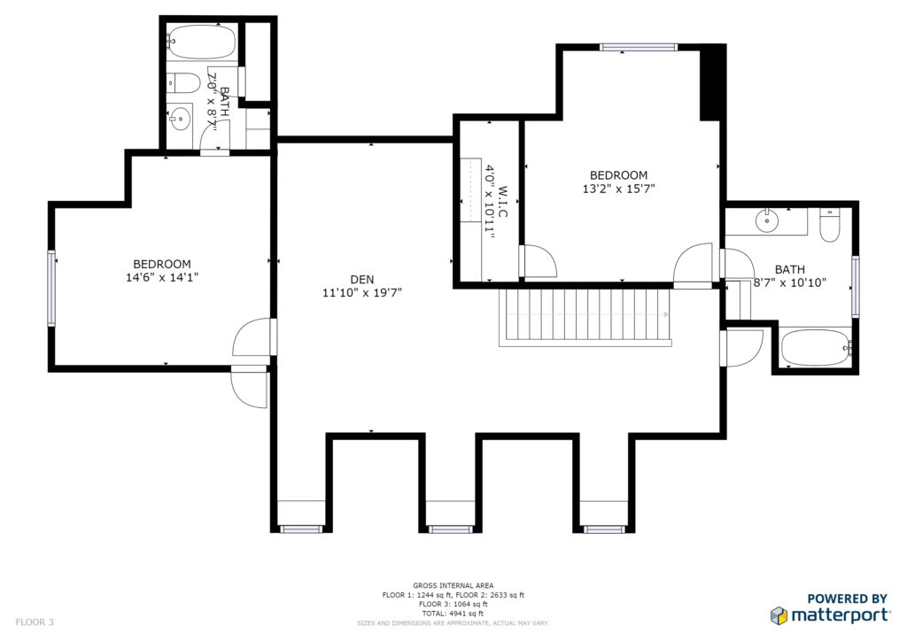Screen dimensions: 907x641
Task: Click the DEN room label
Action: pyautogui.click(x=362, y=280)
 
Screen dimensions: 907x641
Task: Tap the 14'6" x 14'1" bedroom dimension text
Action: pyautogui.click(x=162, y=277)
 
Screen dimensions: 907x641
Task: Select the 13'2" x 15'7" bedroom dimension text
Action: pyautogui.click(x=618, y=189)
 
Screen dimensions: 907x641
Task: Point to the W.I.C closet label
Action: pyautogui.click(x=502, y=202)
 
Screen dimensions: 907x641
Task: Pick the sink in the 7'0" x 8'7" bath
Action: pyautogui.click(x=181, y=119)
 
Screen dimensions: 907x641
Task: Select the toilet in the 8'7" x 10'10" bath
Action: pyautogui.click(x=829, y=225)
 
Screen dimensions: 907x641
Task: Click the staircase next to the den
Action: pyautogui.click(x=585, y=317)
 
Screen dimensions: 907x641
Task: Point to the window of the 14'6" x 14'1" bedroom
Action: pyautogui.click(x=51, y=288)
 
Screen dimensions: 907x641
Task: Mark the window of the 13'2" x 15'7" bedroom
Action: pyautogui.click(x=638, y=48)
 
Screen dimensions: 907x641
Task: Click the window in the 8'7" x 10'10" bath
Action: pyautogui.click(x=855, y=287)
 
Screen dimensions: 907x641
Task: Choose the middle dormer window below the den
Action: pyautogui.click(x=450, y=529)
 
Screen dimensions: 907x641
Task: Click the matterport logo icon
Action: pyautogui.click(x=779, y=615)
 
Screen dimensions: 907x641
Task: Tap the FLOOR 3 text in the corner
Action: pyautogui.click(x=35, y=622)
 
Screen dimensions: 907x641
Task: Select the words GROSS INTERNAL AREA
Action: pyautogui.click(x=453, y=585)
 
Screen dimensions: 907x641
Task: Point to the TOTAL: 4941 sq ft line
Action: pyautogui.click(x=453, y=614)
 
